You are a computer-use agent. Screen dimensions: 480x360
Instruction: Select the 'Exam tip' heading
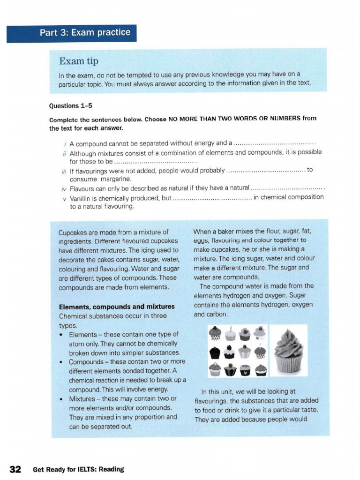[78, 61]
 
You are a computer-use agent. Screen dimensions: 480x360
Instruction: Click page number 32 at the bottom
[15, 469]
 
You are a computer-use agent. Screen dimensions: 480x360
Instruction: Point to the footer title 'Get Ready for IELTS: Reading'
[78, 469]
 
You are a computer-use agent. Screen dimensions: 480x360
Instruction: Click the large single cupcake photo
[288, 350]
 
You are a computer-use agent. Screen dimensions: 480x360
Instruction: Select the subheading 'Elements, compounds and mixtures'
[117, 307]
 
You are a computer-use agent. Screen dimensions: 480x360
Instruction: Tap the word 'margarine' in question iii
[114, 179]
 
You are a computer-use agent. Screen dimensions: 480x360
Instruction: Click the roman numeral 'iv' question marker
[65, 189]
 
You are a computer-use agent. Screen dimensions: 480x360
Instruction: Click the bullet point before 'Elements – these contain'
[61, 335]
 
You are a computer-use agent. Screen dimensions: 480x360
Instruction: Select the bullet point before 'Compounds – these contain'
[61, 362]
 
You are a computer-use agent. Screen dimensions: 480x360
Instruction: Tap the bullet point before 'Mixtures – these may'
[61, 399]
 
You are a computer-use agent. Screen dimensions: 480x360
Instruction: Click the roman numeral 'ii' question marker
[65, 153]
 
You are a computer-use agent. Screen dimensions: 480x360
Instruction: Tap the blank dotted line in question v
[212, 198]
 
